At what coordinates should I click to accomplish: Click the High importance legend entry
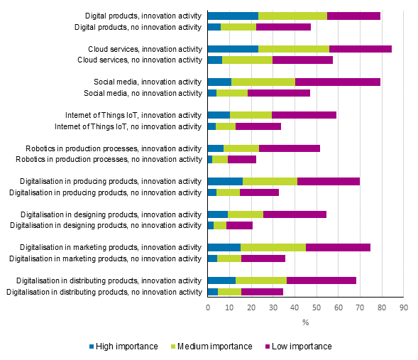tap(128, 347)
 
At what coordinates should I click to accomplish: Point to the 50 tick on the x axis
tap(317, 307)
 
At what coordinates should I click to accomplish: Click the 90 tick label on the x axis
tap(403, 307)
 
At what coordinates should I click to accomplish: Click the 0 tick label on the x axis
tap(207, 307)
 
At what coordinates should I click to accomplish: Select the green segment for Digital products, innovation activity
tap(292, 16)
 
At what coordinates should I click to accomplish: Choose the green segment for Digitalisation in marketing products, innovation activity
tap(273, 247)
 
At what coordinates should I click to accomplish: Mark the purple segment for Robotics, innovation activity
tap(290, 148)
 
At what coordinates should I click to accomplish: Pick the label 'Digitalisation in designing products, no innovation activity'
tap(105, 225)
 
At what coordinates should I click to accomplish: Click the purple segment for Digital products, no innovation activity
tap(283, 27)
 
